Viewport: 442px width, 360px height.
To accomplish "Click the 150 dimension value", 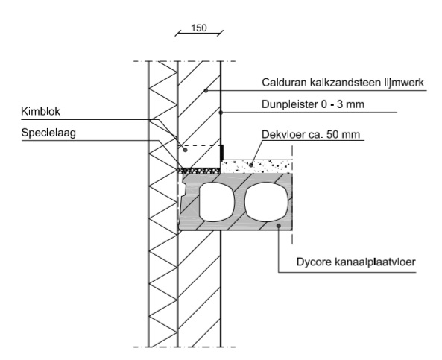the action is pos(199,28).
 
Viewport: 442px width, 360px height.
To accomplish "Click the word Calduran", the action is pos(284,83).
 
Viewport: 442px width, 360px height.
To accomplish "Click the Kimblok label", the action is pos(40,112).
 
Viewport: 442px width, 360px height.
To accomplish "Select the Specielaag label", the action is pos(48,133).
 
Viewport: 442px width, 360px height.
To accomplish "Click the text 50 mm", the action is pos(343,135).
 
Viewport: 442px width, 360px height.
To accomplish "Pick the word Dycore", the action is pos(314,262).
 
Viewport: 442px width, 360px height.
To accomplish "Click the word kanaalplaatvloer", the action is pos(375,262).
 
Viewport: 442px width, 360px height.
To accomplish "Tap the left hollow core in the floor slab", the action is pos(217,202).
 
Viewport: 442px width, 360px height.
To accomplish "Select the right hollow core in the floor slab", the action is pos(267,202).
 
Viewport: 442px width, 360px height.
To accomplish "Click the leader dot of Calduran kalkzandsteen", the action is pos(206,91).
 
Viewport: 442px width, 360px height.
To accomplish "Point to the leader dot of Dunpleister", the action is pos(221,113).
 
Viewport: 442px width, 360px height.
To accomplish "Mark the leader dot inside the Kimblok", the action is pos(185,150).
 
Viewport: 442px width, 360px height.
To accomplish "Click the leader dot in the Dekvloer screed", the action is pos(251,165).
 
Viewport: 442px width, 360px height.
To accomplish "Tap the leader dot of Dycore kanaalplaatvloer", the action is pos(279,226).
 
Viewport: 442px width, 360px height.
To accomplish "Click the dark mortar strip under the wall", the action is pos(199,171).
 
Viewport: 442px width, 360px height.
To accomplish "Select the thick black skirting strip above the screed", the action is pos(222,152).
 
